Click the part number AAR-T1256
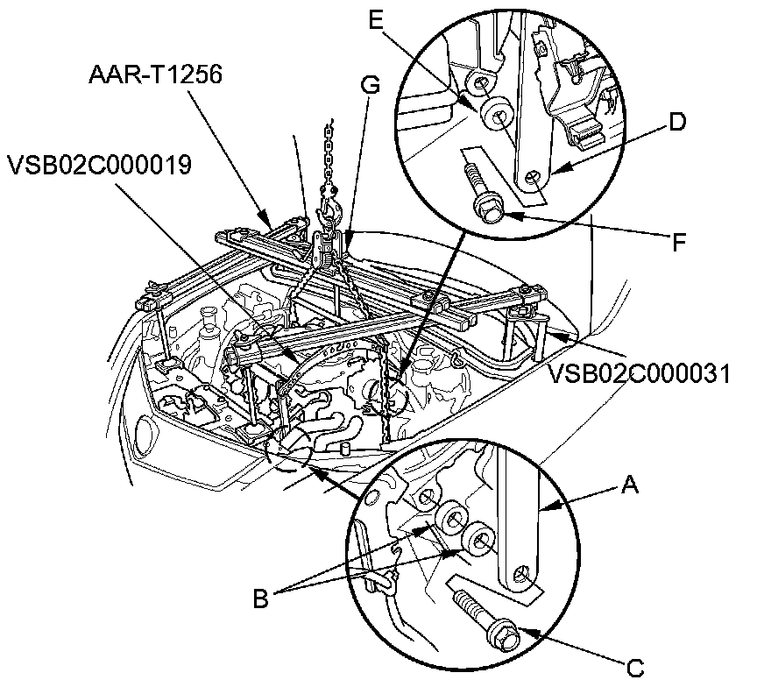(x=155, y=74)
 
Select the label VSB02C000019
(x=100, y=165)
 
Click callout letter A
(x=630, y=485)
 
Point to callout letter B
(x=261, y=599)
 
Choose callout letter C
(x=635, y=669)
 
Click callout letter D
(x=677, y=122)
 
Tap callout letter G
(x=371, y=86)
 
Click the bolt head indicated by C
(x=503, y=634)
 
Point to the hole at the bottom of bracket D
(x=533, y=178)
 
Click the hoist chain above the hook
(x=329, y=154)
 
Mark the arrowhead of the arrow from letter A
(x=545, y=507)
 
